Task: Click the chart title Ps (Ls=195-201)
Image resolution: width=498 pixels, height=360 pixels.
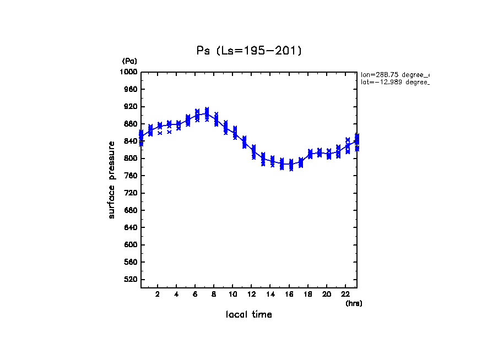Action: pyautogui.click(x=249, y=51)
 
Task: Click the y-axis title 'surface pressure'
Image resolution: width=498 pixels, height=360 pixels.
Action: pyautogui.click(x=112, y=179)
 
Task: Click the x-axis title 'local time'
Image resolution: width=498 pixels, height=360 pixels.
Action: pyautogui.click(x=249, y=315)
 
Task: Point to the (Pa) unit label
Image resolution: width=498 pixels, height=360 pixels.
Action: pyautogui.click(x=129, y=61)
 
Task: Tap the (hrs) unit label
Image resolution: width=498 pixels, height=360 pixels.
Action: pyautogui.click(x=354, y=303)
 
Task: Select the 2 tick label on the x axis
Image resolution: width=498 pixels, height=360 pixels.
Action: pyautogui.click(x=158, y=294)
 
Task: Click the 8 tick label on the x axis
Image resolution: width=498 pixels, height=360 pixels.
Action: pyautogui.click(x=214, y=294)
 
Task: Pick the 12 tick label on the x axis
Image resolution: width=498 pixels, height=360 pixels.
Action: pyautogui.click(x=251, y=294)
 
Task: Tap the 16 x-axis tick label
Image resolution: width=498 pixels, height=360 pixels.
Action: pyautogui.click(x=289, y=294)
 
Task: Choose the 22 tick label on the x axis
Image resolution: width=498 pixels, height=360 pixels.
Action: pyautogui.click(x=345, y=294)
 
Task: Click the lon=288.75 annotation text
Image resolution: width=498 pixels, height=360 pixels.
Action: pyautogui.click(x=394, y=74)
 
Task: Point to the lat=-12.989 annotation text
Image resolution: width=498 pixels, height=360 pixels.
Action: pyautogui.click(x=394, y=82)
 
